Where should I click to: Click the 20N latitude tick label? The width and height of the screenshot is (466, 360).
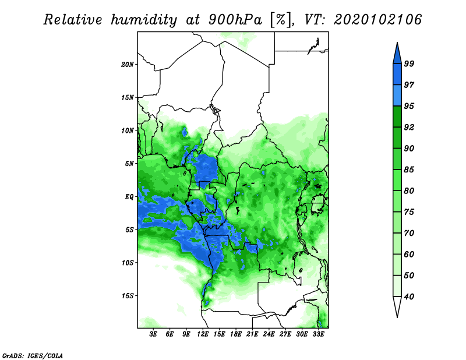(x=127, y=65)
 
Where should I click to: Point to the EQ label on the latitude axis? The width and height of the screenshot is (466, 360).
(x=129, y=197)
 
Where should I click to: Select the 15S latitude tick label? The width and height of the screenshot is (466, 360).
(x=128, y=296)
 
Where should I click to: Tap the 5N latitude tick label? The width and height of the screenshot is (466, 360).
(x=129, y=164)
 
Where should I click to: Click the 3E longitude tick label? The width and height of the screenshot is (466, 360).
(x=153, y=334)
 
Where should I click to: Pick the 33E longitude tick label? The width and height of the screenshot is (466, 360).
(x=318, y=334)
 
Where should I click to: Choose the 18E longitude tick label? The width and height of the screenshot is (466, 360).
(x=236, y=334)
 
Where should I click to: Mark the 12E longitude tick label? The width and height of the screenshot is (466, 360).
(x=203, y=334)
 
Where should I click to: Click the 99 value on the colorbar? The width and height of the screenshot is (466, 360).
(x=409, y=63)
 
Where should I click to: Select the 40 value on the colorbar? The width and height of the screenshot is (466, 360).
(x=409, y=297)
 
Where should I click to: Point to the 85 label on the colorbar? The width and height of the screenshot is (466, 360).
(x=409, y=170)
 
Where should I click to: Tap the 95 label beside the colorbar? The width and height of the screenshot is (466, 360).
(x=409, y=106)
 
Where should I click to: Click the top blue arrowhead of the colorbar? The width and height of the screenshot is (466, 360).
(x=397, y=54)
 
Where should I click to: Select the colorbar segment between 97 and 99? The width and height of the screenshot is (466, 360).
(x=397, y=75)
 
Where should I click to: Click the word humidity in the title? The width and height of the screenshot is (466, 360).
(x=144, y=20)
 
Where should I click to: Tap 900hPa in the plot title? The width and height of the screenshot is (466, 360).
(x=235, y=20)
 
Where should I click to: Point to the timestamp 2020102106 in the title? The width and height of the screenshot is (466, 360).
(x=377, y=20)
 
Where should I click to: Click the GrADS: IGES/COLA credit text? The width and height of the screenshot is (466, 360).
(x=33, y=355)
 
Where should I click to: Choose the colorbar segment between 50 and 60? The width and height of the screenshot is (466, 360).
(x=397, y=265)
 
